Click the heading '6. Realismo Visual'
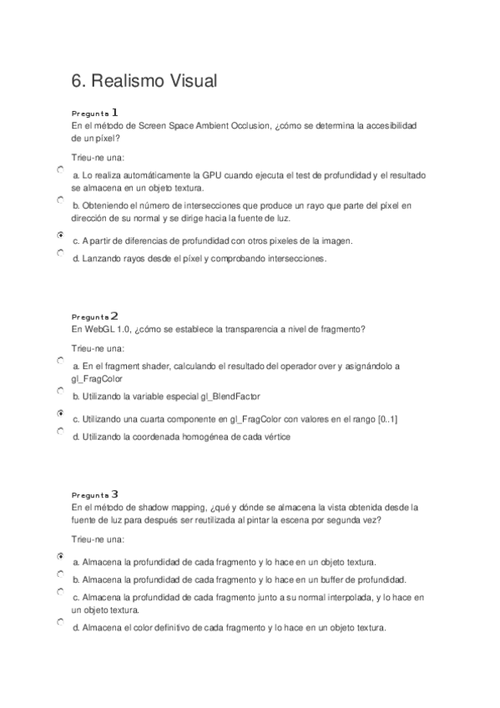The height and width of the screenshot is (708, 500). coord(144,80)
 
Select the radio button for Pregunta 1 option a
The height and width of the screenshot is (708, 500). coord(60,169)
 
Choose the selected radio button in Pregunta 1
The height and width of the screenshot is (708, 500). coord(60,235)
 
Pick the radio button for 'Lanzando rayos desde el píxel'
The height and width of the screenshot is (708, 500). coord(60,252)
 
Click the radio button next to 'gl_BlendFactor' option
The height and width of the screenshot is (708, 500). coord(60,391)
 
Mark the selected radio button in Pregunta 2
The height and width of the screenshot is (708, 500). coord(60,413)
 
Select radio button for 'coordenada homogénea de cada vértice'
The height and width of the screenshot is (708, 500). coord(60,431)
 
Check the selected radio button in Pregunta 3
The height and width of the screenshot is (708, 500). coord(60,555)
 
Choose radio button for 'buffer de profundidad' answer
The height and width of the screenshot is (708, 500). coord(60,574)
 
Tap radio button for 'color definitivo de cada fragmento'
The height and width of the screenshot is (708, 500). coord(60,622)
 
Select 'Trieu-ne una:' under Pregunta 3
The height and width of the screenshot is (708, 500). coord(98,539)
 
